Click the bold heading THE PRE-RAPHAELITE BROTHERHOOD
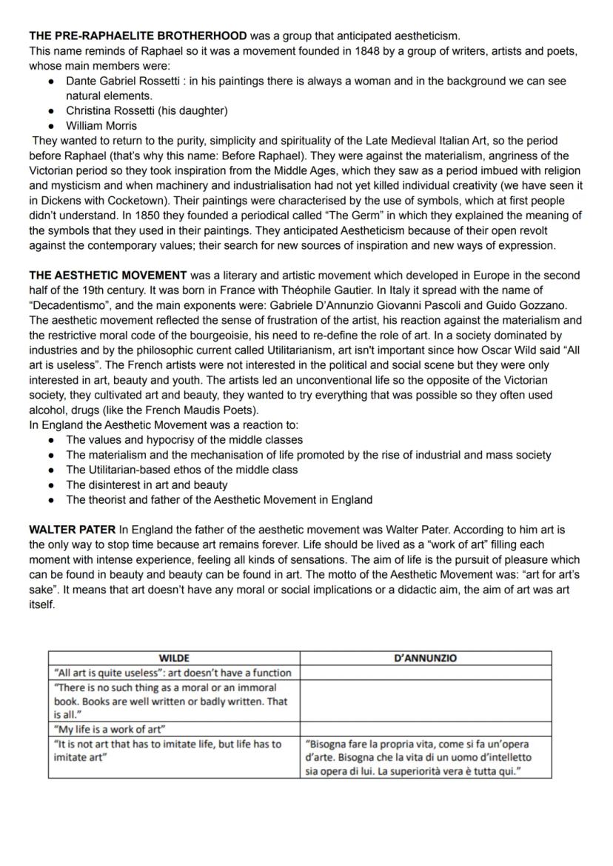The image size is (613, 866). [x=138, y=36]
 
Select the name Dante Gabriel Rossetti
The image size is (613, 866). [x=123, y=81]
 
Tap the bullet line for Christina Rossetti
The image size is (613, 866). [x=147, y=110]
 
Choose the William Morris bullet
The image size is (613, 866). [x=101, y=126]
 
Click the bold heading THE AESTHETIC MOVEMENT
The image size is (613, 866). [x=107, y=276]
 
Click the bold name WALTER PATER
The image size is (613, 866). [x=72, y=530]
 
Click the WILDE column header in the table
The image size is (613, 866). [x=174, y=658]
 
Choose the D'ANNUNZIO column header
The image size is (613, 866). [x=426, y=658]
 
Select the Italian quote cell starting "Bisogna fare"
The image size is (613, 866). [x=418, y=757]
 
